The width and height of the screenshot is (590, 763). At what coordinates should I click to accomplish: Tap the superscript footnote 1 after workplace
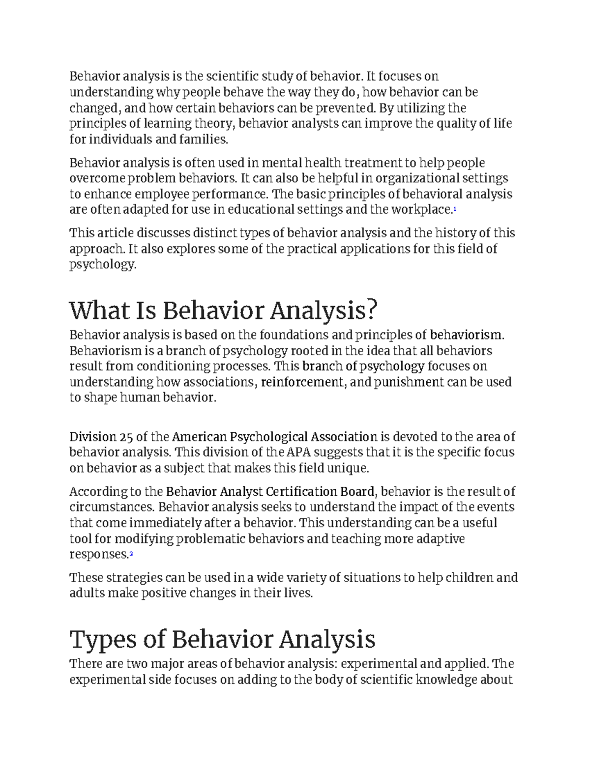point(455,210)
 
